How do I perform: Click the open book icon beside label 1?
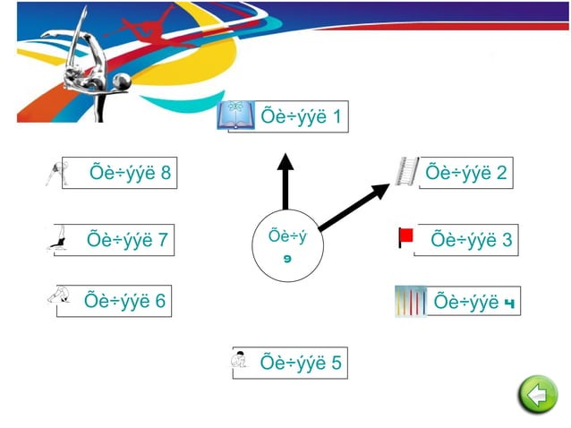(x=236, y=116)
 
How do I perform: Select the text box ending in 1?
(x=300, y=117)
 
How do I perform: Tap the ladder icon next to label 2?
(x=407, y=171)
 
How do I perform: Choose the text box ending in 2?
(x=465, y=172)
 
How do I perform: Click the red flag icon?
(x=405, y=237)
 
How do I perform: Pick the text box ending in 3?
(x=470, y=240)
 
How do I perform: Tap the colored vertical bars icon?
(x=411, y=302)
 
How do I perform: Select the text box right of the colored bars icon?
(x=475, y=302)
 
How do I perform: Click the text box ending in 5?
(x=300, y=363)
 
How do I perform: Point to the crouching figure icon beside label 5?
(x=239, y=360)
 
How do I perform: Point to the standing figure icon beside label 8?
(x=54, y=172)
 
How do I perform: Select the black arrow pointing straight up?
(x=285, y=184)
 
